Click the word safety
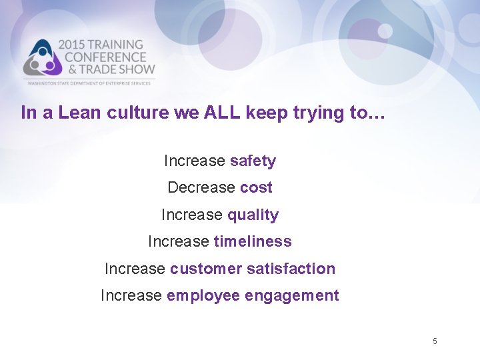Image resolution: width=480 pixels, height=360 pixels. (252, 161)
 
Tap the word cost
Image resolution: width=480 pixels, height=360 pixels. (256, 188)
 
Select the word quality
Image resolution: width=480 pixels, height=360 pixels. (253, 215)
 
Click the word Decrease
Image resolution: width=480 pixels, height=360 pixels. (201, 188)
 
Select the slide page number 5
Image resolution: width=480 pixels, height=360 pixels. (435, 341)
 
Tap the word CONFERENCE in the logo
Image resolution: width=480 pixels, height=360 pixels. (106, 57)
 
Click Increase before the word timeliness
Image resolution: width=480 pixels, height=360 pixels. (178, 241)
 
